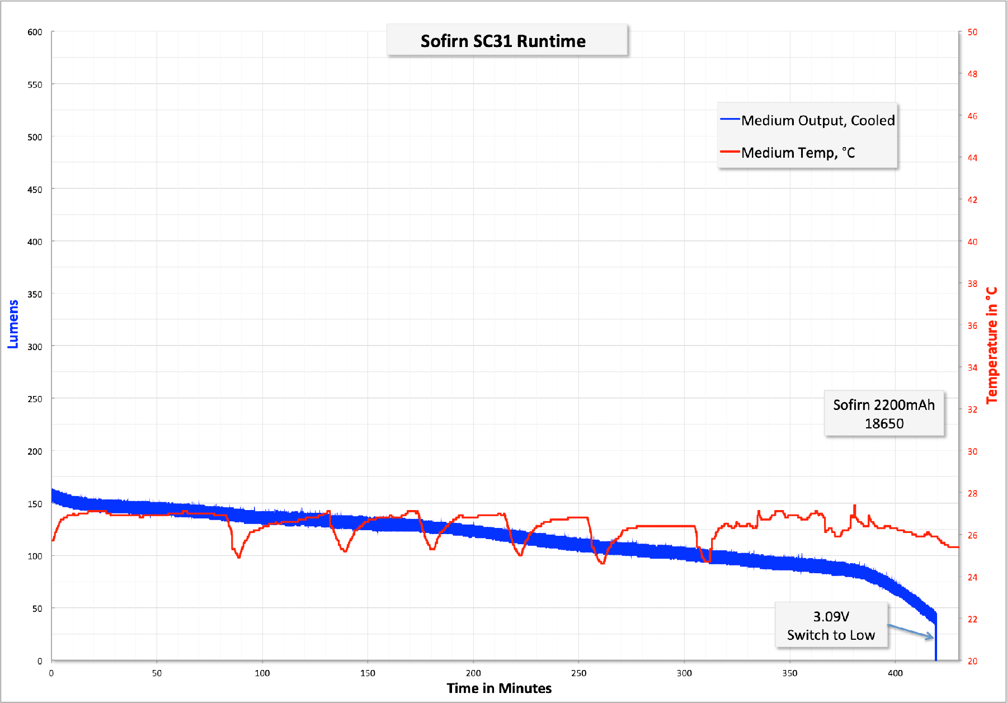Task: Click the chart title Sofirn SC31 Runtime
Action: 503,41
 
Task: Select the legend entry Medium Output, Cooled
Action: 817,120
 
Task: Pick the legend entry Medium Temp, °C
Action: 798,153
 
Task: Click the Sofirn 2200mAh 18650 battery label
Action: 884,414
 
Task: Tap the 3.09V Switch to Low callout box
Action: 831,625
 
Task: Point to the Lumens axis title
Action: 13,324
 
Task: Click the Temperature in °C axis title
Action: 992,345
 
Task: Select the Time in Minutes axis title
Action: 499,688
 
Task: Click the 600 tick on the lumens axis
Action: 35,32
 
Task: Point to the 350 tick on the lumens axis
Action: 35,294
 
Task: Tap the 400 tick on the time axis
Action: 895,673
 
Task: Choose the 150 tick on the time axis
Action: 368,673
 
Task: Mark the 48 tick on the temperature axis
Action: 972,74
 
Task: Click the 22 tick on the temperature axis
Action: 972,619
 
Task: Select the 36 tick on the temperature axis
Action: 972,325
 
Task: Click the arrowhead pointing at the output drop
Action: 930,636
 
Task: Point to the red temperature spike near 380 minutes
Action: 854,507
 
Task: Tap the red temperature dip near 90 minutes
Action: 239,556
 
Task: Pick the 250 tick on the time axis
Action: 578,673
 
